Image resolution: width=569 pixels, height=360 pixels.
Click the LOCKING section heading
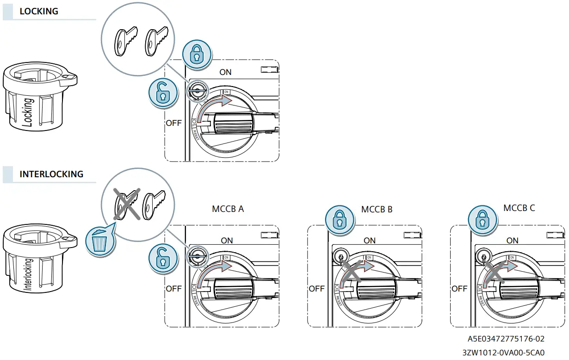point(39,12)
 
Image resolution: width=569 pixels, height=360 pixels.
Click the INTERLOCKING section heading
point(51,174)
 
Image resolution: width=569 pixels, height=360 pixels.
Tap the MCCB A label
point(228,209)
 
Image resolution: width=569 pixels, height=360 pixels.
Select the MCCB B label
point(377,209)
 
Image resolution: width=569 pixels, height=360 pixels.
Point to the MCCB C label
point(519,208)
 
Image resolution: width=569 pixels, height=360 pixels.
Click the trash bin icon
point(99,241)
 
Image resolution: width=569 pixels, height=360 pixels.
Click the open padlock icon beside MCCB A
point(163,258)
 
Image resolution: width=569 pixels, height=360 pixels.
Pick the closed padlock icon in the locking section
point(197,54)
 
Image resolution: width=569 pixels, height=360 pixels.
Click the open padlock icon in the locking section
point(163,93)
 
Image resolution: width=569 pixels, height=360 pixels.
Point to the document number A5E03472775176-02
point(506,339)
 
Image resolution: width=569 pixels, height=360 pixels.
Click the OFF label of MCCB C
point(459,289)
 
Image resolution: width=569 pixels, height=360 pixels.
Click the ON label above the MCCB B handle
point(370,241)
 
